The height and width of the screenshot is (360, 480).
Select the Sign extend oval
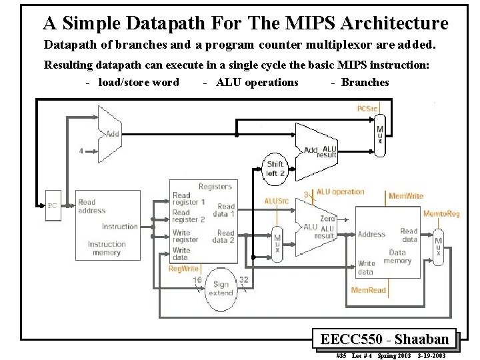pos(221,289)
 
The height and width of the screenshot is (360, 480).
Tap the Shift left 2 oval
pos(275,168)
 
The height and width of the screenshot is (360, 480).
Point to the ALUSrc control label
pos(277,201)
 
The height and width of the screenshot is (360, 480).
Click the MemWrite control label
pos(406,197)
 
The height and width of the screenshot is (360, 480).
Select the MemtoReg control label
pos(441,213)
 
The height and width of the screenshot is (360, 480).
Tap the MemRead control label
pos(369,290)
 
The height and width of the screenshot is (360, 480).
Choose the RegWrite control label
pos(183,268)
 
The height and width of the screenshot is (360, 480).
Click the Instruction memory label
pos(107,248)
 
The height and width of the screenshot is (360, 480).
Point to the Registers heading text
pos(215,187)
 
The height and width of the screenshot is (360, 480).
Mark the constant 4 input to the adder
pos(81,151)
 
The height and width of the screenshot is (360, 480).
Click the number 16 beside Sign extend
pos(198,280)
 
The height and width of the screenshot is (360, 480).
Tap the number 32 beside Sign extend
pos(243,280)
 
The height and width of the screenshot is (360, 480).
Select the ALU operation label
pos(341,192)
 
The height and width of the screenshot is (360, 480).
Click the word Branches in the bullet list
pos(365,82)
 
